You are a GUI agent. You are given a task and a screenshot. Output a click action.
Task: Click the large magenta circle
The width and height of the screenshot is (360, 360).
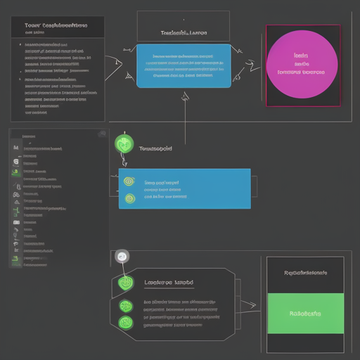[302, 64]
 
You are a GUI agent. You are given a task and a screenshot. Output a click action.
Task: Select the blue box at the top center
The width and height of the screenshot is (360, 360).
[183, 66]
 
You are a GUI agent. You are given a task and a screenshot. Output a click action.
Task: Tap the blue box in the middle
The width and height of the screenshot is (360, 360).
[184, 188]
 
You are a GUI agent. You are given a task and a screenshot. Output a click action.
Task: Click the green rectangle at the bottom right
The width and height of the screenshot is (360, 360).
[305, 314]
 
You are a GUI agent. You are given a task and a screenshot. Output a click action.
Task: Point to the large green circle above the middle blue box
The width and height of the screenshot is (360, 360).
[124, 144]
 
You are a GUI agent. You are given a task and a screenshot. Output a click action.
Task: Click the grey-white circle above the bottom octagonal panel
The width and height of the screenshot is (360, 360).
[122, 257]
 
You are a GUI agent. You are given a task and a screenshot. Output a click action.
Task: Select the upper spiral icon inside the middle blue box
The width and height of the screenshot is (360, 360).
[129, 181]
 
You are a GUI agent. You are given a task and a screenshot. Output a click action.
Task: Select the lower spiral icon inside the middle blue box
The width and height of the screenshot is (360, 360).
[129, 198]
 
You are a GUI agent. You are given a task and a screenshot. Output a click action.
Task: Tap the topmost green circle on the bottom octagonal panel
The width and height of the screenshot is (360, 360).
[126, 283]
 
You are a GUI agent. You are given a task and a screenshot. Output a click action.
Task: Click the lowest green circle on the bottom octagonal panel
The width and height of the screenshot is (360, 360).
[126, 323]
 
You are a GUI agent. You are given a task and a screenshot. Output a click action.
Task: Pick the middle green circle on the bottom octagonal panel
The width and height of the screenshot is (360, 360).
[126, 306]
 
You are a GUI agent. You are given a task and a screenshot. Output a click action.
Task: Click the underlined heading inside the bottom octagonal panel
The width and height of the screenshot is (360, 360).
[169, 283]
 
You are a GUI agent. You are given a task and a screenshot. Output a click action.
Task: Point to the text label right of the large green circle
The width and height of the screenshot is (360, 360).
[155, 149]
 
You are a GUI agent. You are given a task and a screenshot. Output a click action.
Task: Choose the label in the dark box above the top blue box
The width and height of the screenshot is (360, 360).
[182, 32]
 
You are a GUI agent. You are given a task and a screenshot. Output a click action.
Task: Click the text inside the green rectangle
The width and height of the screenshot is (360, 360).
[305, 314]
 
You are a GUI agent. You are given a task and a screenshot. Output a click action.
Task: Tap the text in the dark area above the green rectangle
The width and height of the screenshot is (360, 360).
[305, 273]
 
